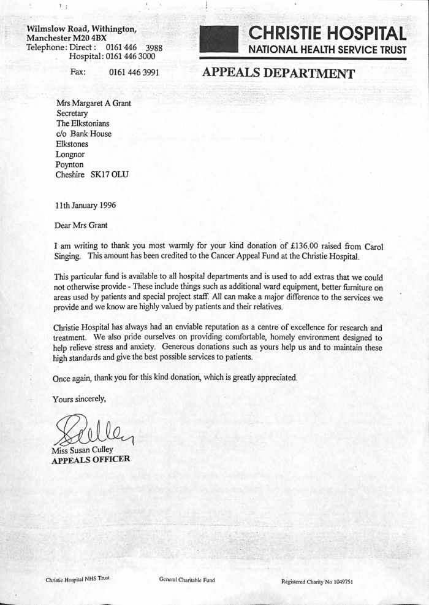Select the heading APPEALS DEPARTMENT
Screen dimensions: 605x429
pos(278,74)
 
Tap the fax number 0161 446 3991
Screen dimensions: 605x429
pos(134,72)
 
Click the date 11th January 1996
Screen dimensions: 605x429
pos(85,205)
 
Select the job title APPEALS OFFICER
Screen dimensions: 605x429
pos(90,460)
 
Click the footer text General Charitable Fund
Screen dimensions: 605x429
pos(187,579)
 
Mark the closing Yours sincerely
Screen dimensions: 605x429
pos(79,399)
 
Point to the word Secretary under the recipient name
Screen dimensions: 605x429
pos(72,113)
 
